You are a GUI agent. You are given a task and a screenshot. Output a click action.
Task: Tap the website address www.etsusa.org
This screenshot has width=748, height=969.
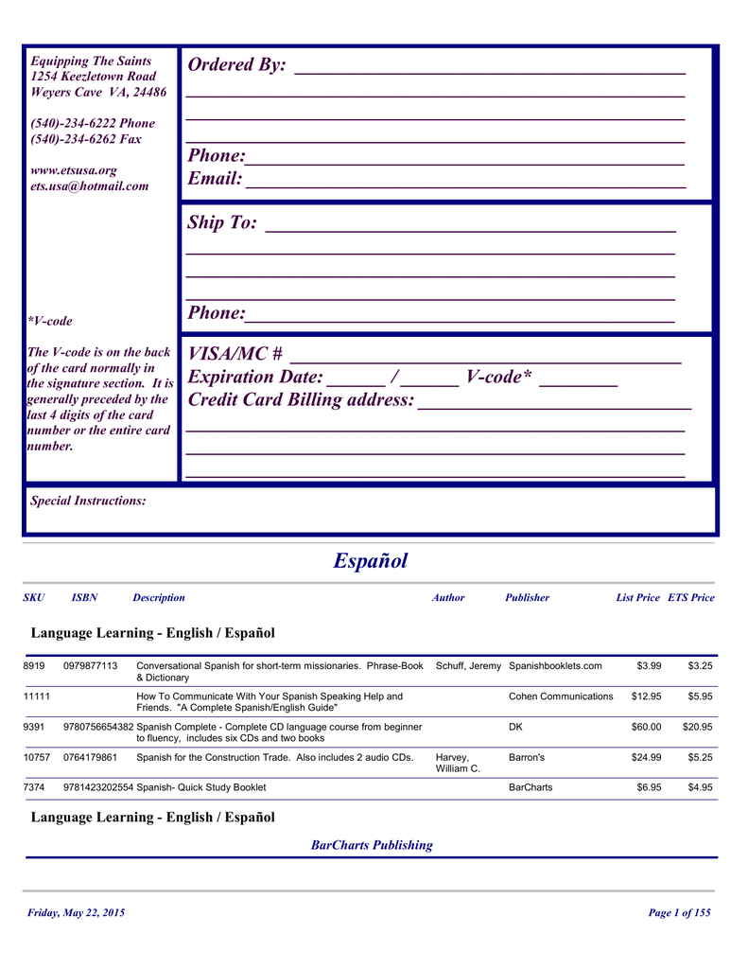tap(74, 170)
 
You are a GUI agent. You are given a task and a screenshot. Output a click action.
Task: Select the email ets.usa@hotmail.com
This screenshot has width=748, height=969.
tap(90, 186)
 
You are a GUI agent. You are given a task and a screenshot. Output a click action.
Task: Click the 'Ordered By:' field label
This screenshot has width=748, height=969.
tap(236, 65)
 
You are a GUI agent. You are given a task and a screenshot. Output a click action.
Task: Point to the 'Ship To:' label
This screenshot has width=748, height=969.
tap(222, 222)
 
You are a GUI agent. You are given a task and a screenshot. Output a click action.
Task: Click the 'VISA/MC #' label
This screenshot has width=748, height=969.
tap(235, 354)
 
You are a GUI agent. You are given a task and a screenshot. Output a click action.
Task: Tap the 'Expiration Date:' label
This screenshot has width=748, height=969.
tap(255, 378)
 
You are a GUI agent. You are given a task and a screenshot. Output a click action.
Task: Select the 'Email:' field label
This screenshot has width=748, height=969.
tap(216, 179)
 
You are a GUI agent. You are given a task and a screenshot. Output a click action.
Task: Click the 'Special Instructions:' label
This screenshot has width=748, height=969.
tap(88, 501)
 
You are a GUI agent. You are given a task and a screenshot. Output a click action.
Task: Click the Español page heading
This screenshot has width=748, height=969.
tap(371, 561)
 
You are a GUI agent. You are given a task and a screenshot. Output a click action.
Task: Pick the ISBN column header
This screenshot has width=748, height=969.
tap(84, 598)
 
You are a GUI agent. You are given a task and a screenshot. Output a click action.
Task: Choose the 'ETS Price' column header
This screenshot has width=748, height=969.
tap(691, 598)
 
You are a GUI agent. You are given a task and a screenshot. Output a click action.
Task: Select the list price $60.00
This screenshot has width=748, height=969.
tap(646, 727)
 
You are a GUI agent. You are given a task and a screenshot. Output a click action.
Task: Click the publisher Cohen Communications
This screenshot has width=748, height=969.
tap(561, 696)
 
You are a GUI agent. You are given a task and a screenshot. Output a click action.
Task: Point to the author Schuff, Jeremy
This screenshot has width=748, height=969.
tap(468, 666)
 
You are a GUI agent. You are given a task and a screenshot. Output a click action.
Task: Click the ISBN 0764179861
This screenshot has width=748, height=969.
tap(90, 757)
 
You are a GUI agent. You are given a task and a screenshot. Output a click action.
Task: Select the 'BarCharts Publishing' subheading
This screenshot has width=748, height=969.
tap(372, 845)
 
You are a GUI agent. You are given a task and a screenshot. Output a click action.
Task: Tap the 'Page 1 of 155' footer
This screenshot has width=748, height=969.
tap(679, 913)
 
